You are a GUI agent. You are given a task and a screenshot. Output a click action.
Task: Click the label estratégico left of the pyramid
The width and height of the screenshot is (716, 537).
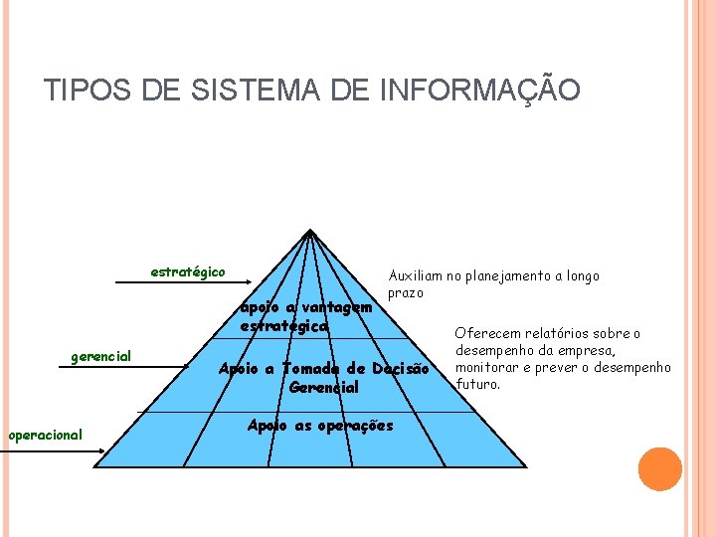(187, 271)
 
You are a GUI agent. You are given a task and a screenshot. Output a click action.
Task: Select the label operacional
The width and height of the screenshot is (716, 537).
(45, 434)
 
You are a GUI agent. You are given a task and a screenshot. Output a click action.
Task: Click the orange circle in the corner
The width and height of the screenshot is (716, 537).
(660, 469)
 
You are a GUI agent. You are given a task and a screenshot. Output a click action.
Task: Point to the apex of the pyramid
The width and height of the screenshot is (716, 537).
(310, 233)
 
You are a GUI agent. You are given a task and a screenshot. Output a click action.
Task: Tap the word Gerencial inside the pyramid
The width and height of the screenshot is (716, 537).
(323, 388)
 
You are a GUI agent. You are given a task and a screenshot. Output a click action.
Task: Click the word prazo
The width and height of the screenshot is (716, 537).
(406, 293)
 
